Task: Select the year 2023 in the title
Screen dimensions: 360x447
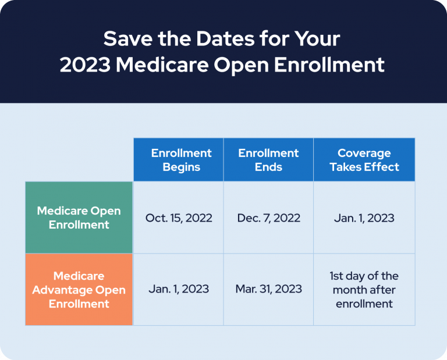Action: point(85,65)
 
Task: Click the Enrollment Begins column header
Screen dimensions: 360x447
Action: point(178,160)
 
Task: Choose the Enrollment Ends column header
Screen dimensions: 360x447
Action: point(268,160)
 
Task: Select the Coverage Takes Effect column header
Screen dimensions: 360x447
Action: point(364,160)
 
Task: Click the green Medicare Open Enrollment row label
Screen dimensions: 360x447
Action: point(79,218)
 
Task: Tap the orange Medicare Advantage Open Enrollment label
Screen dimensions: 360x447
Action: point(79,289)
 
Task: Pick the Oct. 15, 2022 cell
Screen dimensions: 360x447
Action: point(178,218)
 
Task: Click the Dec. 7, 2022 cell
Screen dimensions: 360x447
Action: point(268,218)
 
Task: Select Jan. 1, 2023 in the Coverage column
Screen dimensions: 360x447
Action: point(364,218)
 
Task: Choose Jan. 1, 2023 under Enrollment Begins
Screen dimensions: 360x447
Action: point(178,289)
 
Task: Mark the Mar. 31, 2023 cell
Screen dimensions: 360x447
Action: point(268,289)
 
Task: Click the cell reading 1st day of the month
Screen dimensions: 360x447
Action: point(364,290)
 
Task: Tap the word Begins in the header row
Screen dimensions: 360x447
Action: point(182,167)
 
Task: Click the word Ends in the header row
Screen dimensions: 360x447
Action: point(268,167)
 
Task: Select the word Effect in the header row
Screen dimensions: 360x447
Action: point(381,167)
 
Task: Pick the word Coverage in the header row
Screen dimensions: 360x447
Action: point(364,153)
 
